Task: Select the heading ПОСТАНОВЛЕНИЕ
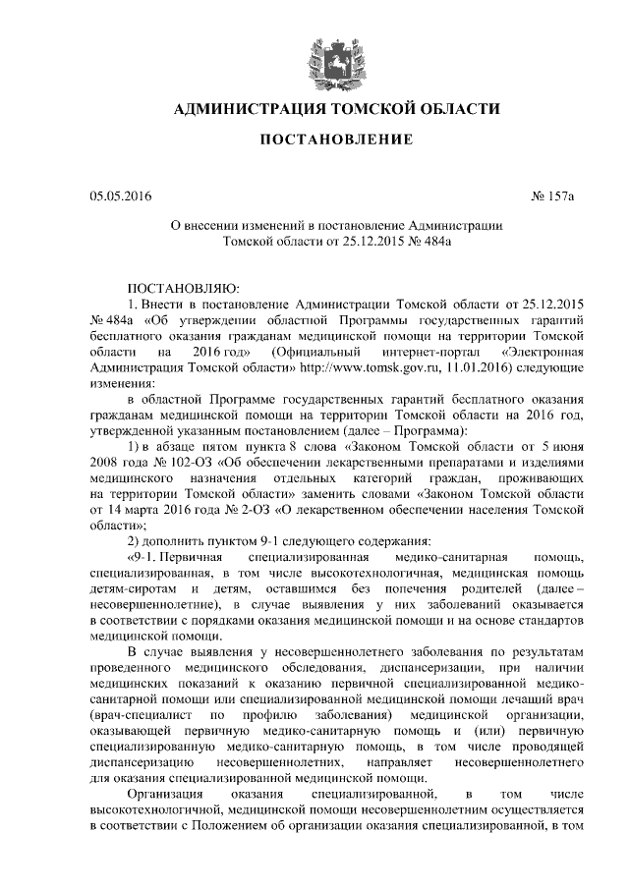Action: [x=335, y=141]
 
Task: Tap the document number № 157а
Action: [x=551, y=197]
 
